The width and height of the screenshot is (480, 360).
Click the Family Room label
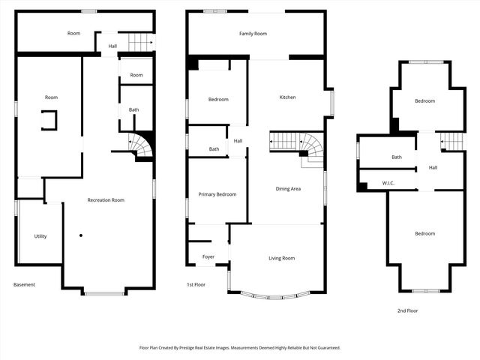pyautogui.click(x=253, y=34)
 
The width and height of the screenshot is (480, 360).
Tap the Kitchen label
pyautogui.click(x=288, y=97)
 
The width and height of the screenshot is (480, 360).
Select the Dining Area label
pyautogui.click(x=288, y=189)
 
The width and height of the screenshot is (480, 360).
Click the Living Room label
pyautogui.click(x=282, y=258)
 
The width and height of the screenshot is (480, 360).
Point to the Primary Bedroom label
pyautogui.click(x=217, y=194)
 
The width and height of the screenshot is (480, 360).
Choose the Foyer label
pyautogui.click(x=208, y=257)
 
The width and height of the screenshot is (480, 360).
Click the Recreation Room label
pyautogui.click(x=106, y=200)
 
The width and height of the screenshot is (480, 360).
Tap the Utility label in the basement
pyautogui.click(x=40, y=236)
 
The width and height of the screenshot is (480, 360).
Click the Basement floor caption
pyautogui.click(x=25, y=285)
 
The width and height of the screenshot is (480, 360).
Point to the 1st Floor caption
pyautogui.click(x=196, y=285)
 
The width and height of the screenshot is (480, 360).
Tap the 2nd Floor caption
pyautogui.click(x=408, y=310)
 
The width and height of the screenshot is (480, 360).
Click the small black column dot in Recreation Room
pyautogui.click(x=80, y=235)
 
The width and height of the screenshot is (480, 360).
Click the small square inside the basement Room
pyautogui.click(x=48, y=120)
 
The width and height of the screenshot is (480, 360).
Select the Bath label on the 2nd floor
pyautogui.click(x=397, y=157)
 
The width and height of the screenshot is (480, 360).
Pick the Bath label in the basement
pyautogui.click(x=133, y=110)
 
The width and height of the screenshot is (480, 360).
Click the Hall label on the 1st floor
pyautogui.click(x=238, y=141)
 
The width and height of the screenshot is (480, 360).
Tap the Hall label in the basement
pyautogui.click(x=112, y=46)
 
